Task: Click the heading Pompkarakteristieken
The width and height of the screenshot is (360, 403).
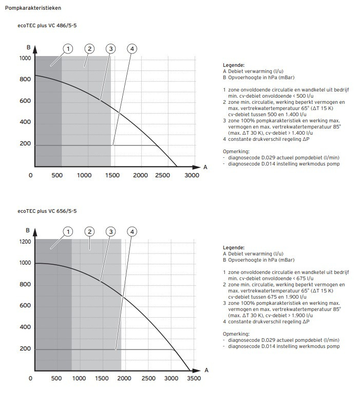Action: [33, 8]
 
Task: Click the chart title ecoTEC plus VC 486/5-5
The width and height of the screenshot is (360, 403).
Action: [47, 26]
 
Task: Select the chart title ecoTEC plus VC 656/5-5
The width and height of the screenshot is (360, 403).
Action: [47, 211]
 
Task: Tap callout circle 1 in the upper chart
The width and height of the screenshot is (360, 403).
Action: [68, 48]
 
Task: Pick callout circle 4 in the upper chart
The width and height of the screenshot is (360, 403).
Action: [132, 48]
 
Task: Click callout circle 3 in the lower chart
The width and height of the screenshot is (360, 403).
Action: [111, 231]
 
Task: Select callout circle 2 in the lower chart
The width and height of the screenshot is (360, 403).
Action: [89, 231]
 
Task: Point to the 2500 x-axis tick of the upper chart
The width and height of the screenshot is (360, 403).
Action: [162, 175]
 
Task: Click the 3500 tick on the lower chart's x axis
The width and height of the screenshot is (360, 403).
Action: [194, 378]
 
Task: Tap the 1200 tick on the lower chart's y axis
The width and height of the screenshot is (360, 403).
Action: [25, 242]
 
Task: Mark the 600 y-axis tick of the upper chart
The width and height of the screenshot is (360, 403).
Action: [25, 101]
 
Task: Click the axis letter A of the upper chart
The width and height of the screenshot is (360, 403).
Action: [205, 168]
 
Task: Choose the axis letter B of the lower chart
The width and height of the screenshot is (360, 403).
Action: [28, 230]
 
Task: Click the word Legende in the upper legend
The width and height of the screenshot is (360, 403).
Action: [233, 65]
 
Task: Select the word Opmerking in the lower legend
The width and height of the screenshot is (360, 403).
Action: [236, 334]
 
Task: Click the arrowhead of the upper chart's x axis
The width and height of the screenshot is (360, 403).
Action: [196, 168]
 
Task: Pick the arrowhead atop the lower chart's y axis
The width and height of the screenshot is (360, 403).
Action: [35, 232]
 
